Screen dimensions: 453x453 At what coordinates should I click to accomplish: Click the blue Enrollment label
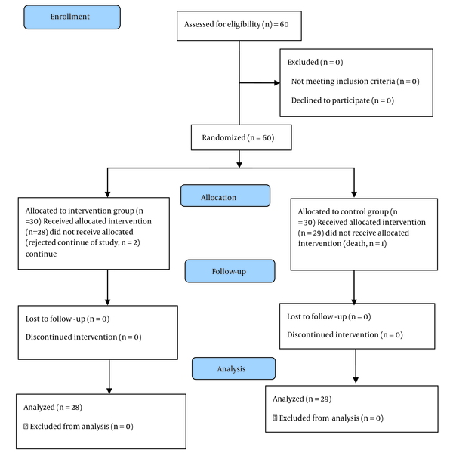72,17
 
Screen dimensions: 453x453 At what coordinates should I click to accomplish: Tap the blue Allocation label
225,196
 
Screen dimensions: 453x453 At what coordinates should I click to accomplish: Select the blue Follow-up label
230,271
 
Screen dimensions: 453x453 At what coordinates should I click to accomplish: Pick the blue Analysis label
234,368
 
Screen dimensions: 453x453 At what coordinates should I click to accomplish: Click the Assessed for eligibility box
239,26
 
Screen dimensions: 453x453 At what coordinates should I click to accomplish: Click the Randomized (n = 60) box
242,137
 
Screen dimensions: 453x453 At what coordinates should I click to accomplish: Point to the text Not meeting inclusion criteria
343,82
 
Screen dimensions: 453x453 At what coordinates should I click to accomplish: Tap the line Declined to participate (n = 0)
343,100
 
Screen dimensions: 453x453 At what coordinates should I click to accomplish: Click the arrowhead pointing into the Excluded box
277,83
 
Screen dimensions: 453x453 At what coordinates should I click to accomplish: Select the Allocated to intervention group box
94,233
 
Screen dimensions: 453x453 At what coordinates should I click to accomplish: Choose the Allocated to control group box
364,234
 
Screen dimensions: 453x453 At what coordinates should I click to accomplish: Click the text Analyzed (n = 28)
53,407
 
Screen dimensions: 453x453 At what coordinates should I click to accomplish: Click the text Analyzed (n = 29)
302,399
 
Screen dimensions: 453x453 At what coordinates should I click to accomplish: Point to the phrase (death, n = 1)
365,244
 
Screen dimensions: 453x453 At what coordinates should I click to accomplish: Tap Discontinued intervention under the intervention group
72,337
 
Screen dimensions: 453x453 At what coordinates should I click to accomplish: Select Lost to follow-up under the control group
317,316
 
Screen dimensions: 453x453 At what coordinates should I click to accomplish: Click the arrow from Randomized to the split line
239,159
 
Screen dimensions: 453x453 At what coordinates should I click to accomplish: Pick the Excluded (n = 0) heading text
315,62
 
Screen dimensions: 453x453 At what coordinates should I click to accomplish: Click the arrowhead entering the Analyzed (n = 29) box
356,381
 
